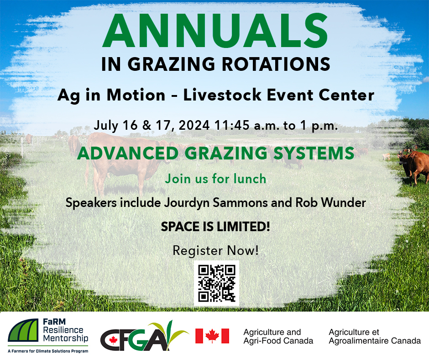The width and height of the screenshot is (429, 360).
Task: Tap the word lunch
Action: coord(247,179)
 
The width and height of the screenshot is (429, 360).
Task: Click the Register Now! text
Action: coord(215,250)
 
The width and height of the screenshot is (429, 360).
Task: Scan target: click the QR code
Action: coord(216,283)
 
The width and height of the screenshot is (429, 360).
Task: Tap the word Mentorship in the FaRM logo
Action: coord(66,339)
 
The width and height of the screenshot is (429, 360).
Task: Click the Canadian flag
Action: coord(212,336)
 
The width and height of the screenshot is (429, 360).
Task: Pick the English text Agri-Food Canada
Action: coord(278,341)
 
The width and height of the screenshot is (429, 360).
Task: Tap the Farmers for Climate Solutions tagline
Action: coord(48,351)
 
